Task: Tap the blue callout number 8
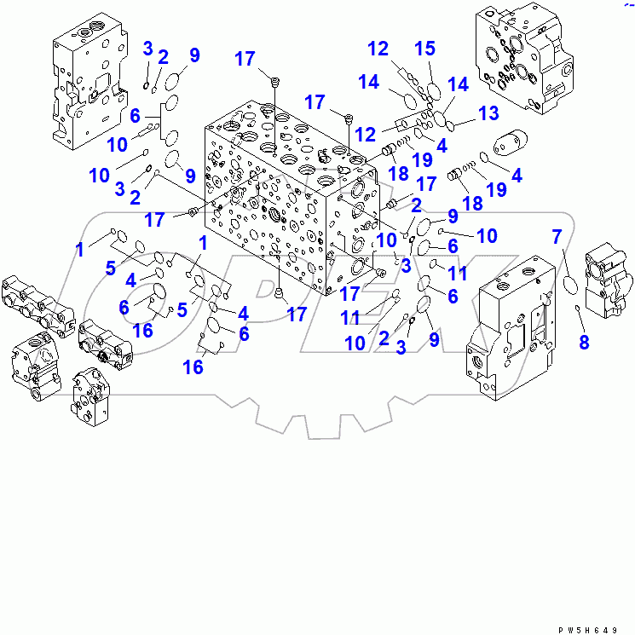583,343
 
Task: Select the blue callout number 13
488,113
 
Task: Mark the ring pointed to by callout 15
435,90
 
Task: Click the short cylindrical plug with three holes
511,145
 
